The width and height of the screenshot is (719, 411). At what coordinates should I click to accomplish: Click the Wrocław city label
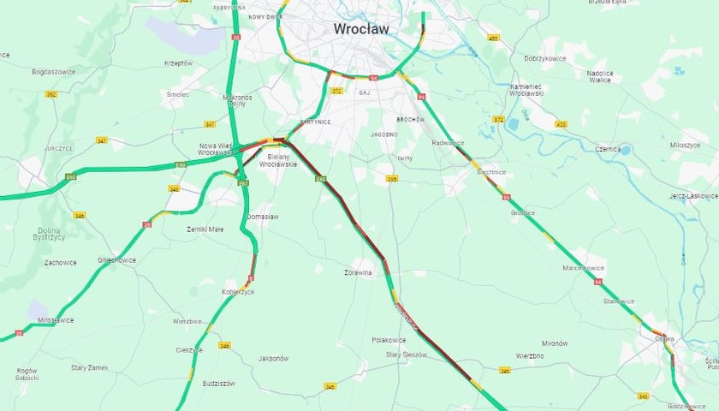[x=360, y=29]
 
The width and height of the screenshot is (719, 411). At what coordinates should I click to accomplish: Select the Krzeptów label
[x=179, y=63]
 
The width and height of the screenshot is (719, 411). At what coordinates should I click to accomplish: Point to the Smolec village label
[x=178, y=94]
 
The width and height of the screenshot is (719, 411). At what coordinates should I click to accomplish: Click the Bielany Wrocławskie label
[x=282, y=160]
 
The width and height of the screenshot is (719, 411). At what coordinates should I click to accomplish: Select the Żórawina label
[x=359, y=274]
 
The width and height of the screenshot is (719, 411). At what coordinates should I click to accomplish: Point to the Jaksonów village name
[x=273, y=358]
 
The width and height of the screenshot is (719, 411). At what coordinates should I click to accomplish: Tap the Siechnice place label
[x=490, y=171]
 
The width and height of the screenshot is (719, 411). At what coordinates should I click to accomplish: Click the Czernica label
[x=607, y=149]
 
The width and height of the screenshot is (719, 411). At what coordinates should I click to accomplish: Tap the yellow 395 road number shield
[x=392, y=179]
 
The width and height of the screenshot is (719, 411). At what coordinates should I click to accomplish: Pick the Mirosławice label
[x=56, y=320]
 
